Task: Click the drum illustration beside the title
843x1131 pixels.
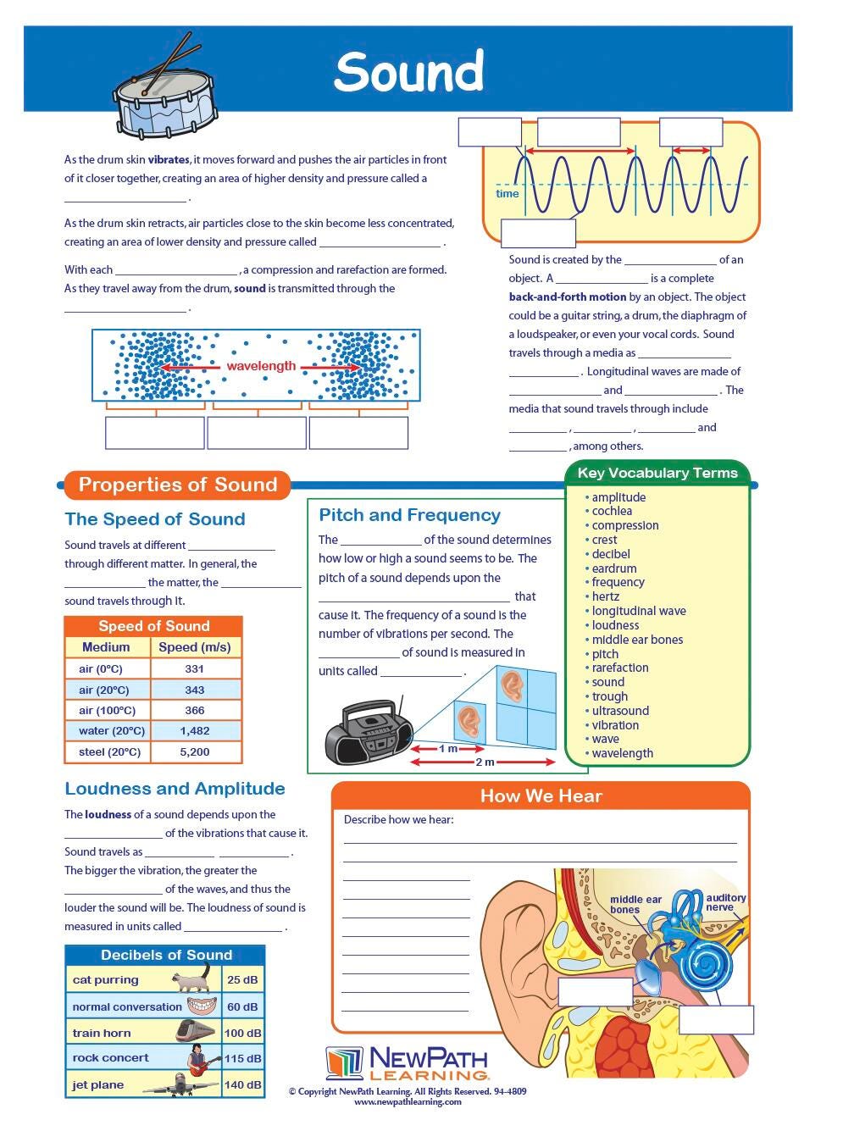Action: click(x=165, y=100)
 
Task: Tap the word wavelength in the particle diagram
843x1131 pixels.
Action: click(x=261, y=366)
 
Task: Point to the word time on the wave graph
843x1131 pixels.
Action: click(x=507, y=193)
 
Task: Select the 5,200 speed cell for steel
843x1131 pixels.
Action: click(x=195, y=751)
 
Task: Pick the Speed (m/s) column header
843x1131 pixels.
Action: click(x=195, y=647)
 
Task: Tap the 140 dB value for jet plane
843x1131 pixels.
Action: click(x=242, y=1084)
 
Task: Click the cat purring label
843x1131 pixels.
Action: click(x=105, y=980)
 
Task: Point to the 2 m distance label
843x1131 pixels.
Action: click(x=485, y=762)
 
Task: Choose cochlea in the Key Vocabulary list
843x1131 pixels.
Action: click(x=612, y=511)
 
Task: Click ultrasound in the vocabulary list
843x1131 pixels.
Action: click(x=620, y=711)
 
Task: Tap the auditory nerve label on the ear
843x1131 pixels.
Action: click(x=725, y=902)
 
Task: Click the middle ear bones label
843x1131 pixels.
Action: click(x=635, y=905)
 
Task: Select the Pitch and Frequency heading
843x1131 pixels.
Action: click(x=409, y=515)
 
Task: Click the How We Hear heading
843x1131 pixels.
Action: click(x=541, y=796)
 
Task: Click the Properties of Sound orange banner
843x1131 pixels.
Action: click(x=178, y=485)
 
